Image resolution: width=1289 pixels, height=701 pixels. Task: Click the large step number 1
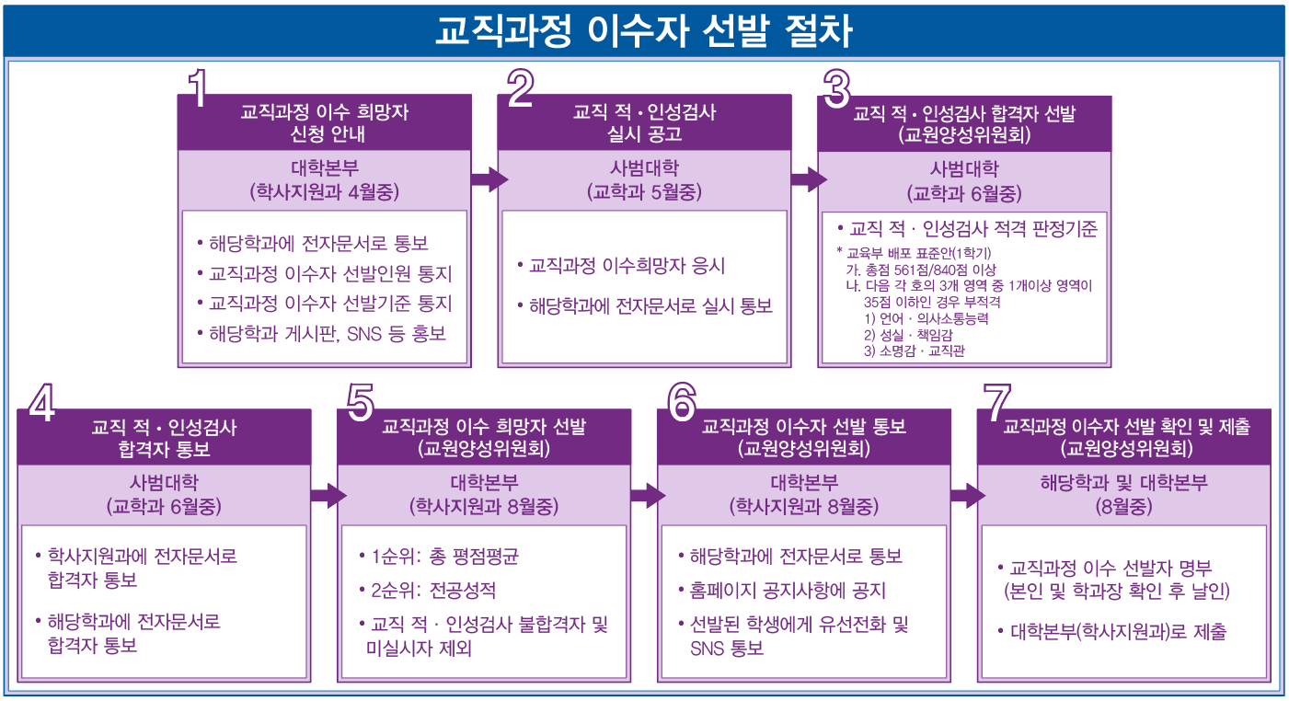pyautogui.click(x=200, y=89)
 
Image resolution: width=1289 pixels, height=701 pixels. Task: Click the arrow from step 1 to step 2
pyautogui.click(x=488, y=178)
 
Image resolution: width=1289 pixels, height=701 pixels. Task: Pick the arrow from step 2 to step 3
pyautogui.click(x=808, y=178)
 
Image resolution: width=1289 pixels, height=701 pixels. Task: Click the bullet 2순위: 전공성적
pyautogui.click(x=432, y=590)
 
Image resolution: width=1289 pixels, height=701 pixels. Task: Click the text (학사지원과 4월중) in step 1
pyautogui.click(x=324, y=192)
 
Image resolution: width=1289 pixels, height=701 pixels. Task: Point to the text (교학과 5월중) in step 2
pyautogui.click(x=643, y=192)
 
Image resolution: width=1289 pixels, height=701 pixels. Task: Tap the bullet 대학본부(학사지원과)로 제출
pyautogui.click(x=1117, y=632)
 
